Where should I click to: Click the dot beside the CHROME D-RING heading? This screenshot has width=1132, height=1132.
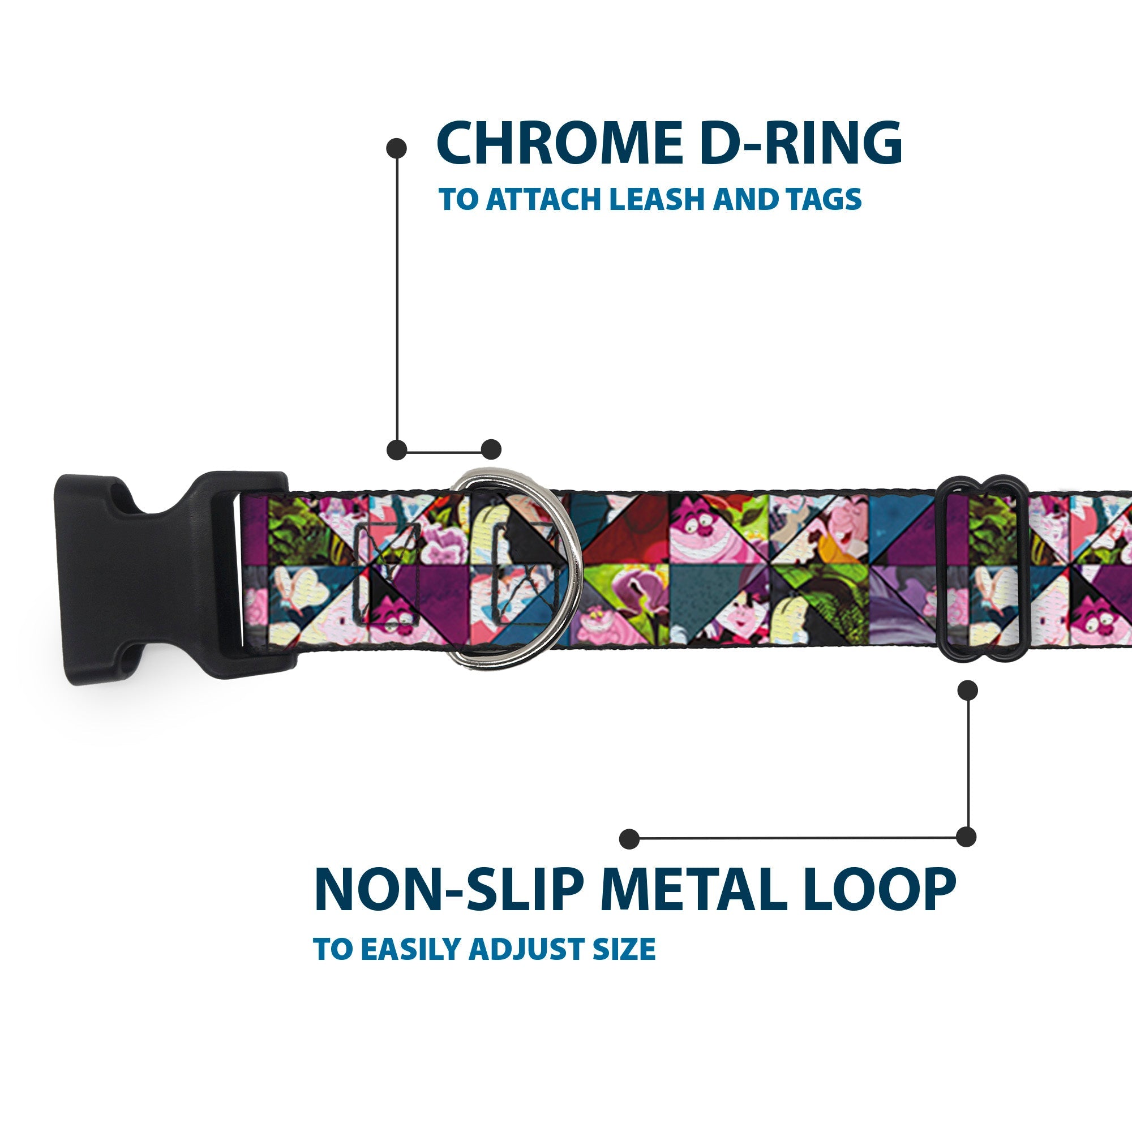point(397,148)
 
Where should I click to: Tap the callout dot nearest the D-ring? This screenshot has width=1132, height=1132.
point(491,449)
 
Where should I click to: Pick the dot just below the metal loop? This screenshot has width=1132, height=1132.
point(967,690)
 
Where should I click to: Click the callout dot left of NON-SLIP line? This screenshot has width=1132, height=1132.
point(629,838)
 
